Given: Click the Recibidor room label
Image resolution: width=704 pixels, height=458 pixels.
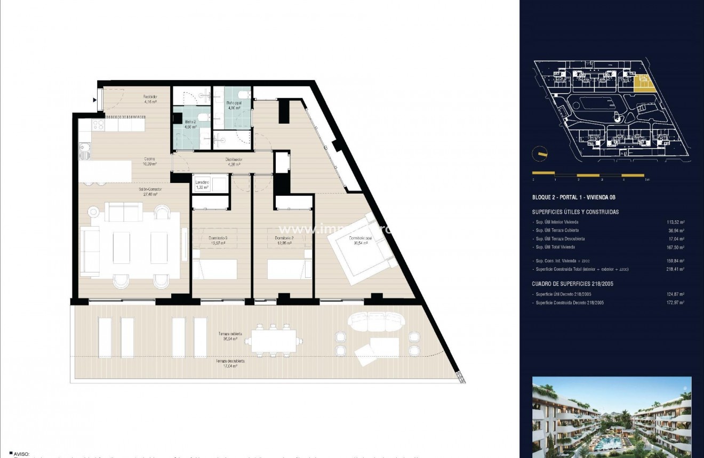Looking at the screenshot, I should tap(149, 99).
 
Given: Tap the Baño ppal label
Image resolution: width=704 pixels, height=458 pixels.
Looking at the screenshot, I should tap(233, 104).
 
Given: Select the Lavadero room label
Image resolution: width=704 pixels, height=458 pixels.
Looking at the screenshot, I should tap(202, 184).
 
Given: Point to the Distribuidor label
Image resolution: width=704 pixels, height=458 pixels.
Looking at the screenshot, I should tap(235, 162).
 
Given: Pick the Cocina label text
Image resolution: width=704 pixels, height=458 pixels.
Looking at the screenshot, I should tap(149, 161).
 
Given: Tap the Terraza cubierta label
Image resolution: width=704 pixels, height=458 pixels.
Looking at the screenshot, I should tap(230, 336).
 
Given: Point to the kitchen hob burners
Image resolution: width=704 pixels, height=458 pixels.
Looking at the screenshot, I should tap(98, 125).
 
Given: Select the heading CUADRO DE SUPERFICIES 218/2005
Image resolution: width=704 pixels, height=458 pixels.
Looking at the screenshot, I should tap(573, 284).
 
